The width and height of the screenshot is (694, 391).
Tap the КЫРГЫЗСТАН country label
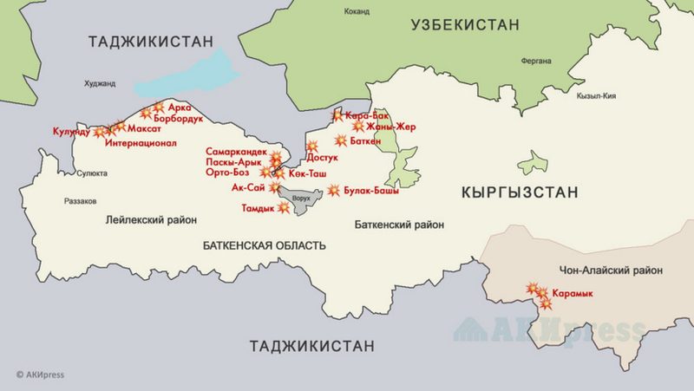pyautogui.click(x=520, y=192)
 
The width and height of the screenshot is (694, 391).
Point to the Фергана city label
pyautogui.click(x=536, y=61)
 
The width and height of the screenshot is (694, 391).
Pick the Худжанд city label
pyautogui.click(x=100, y=83)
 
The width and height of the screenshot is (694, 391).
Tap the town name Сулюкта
pyautogui.click(x=93, y=173)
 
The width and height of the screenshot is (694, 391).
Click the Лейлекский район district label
pyautogui.click(x=152, y=220)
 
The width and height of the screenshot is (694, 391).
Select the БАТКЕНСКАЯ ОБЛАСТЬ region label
pyautogui.click(x=264, y=245)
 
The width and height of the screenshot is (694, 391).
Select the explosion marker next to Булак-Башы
pyautogui.click(x=334, y=191)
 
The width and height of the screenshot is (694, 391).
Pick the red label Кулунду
pyautogui.click(x=70, y=132)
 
